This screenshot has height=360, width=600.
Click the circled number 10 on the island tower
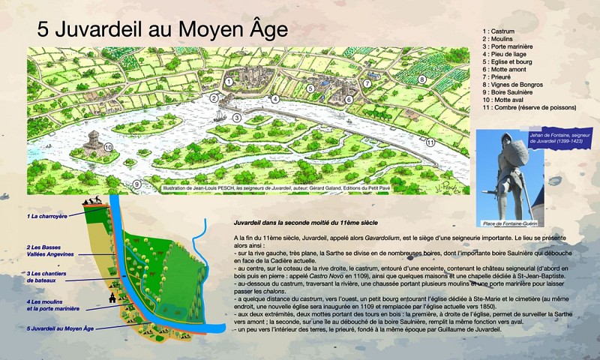click(x=108, y=148)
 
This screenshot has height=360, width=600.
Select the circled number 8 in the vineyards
click(x=422, y=79)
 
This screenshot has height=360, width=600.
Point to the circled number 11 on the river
click(x=430, y=141)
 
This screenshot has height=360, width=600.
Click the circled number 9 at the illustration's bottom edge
click(x=136, y=183)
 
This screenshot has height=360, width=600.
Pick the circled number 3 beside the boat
click(x=236, y=118)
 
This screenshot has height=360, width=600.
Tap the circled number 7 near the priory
click(x=367, y=83)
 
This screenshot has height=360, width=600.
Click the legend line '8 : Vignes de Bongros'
click(x=517, y=84)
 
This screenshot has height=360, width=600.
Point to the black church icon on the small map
click(x=112, y=298)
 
